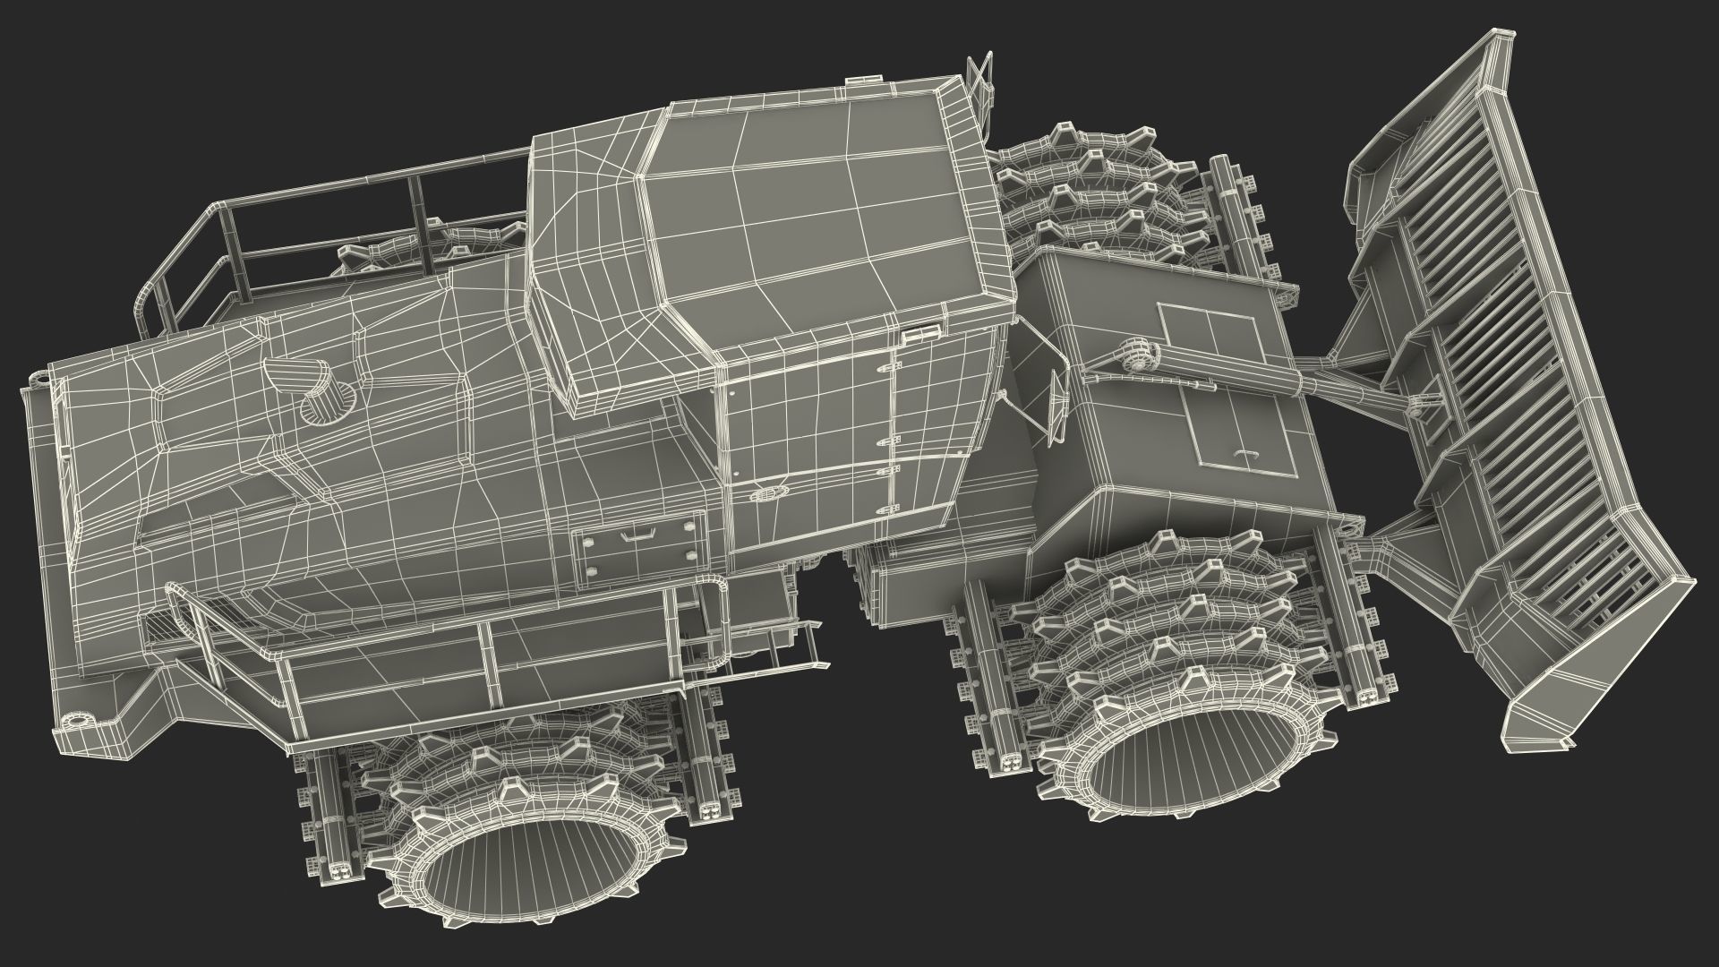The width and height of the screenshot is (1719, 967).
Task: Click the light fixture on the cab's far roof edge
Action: [x=859, y=82]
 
